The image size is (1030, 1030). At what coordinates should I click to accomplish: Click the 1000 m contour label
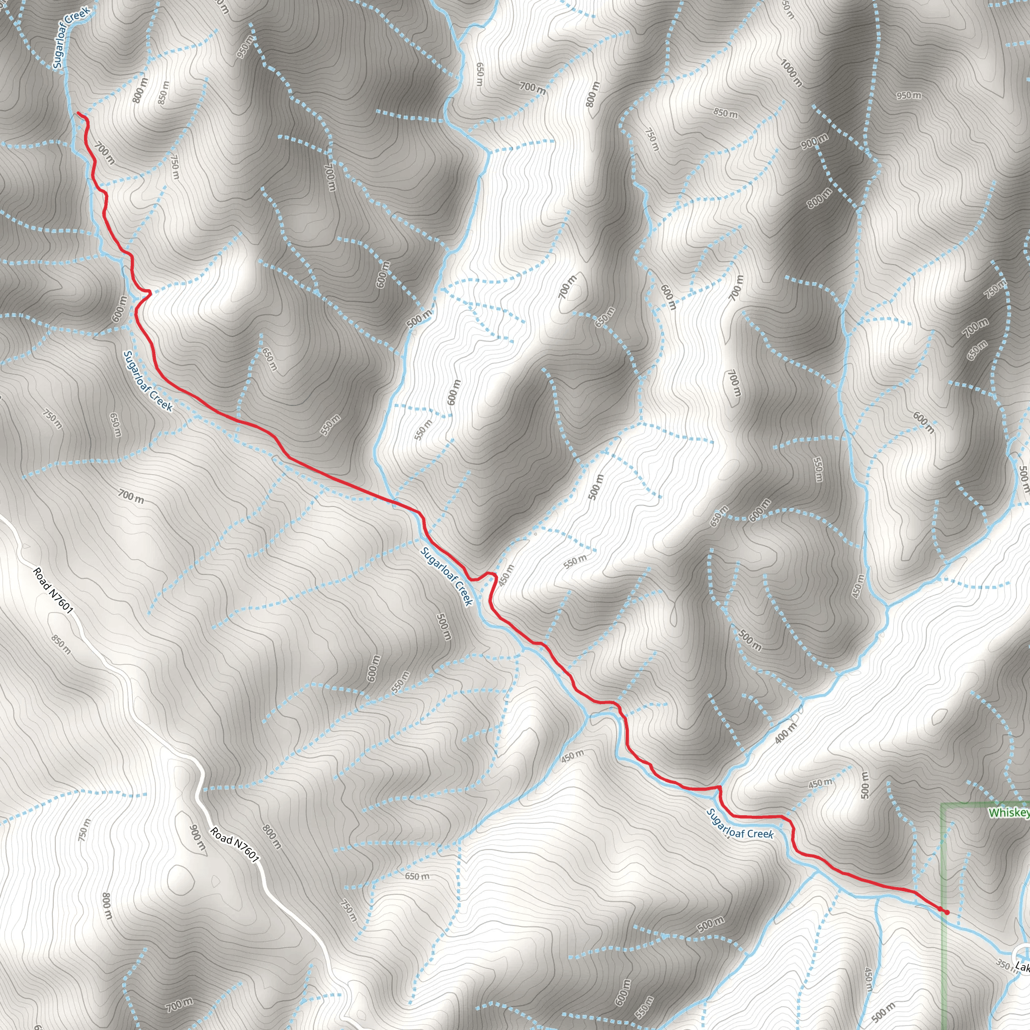coord(791,72)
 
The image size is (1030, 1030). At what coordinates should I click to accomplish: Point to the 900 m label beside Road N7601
coord(197,837)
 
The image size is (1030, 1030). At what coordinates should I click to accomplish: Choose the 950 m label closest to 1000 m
coord(908,96)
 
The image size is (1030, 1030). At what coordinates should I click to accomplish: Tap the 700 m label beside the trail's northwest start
coord(105,153)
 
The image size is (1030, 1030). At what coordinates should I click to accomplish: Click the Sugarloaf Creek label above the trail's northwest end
coord(71,37)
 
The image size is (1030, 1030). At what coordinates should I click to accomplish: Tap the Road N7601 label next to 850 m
coord(52,590)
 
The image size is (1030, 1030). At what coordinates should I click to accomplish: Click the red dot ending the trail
coord(947,912)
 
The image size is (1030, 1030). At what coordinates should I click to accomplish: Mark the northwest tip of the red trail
coord(78,113)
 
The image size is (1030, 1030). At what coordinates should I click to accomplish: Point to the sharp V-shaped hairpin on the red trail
coord(151,292)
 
